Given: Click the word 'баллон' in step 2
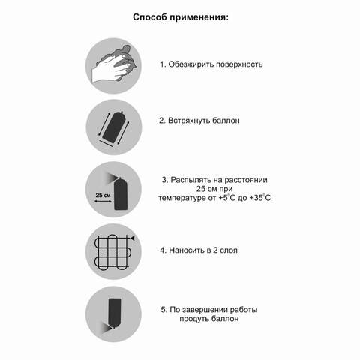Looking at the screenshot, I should pos(234,120).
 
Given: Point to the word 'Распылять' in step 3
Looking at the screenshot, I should pos(193,180).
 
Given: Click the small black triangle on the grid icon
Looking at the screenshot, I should pos(132,236).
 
